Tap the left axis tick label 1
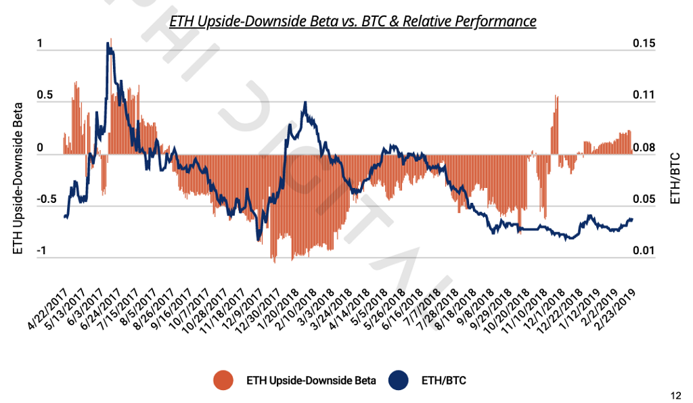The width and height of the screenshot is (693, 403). [40, 44]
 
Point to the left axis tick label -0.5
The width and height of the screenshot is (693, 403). [34, 200]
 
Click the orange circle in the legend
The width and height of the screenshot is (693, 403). [224, 381]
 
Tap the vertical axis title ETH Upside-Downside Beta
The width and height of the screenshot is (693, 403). [18, 179]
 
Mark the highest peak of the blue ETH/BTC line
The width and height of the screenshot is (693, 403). [108, 44]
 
